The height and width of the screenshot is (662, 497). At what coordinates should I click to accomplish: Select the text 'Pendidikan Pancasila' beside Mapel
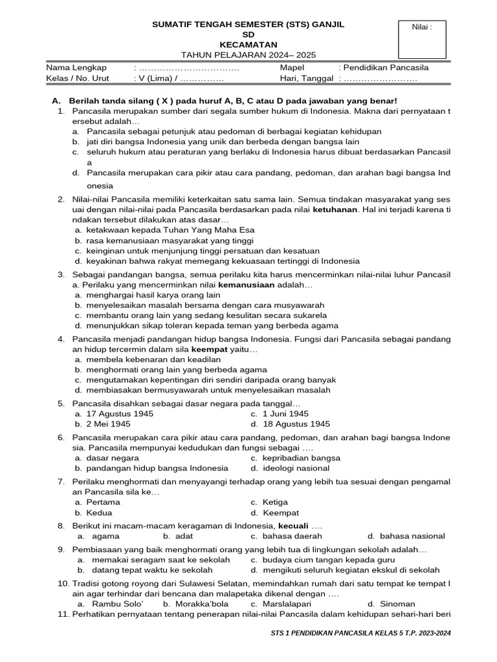pyautogui.click(x=386, y=67)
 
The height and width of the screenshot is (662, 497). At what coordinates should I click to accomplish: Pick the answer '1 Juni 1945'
pyautogui.click(x=286, y=413)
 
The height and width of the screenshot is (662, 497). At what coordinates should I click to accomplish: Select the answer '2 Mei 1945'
pyautogui.click(x=109, y=424)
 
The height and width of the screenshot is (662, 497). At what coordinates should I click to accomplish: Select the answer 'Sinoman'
pyautogui.click(x=397, y=603)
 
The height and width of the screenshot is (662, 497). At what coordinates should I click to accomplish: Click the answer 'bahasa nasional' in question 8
pyautogui.click(x=413, y=536)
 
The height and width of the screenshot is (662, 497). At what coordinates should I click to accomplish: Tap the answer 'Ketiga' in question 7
pyautogui.click(x=276, y=502)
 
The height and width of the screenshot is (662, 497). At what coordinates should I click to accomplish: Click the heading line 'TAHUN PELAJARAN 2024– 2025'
pyautogui.click(x=248, y=55)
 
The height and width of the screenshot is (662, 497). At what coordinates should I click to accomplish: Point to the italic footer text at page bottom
pyautogui.click(x=360, y=633)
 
